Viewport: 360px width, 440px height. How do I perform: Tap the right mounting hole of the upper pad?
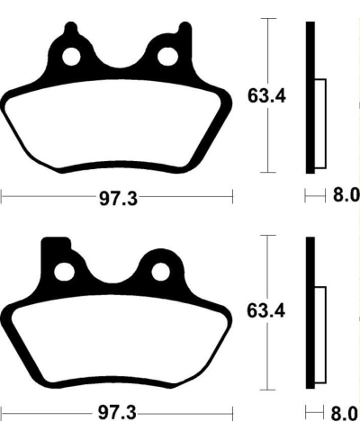[x=167, y=57]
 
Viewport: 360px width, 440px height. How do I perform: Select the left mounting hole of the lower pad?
[x=65, y=272]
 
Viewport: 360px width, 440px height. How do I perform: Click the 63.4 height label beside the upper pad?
[x=267, y=94]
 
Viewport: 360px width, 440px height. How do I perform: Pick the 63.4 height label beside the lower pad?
[x=267, y=312]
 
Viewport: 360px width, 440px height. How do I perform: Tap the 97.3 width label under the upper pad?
[x=117, y=197]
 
